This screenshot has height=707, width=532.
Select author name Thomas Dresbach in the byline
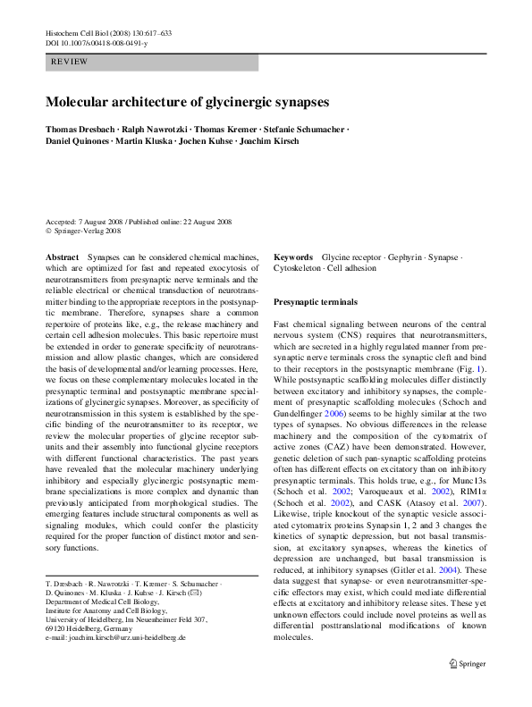pyautogui.click(x=84, y=129)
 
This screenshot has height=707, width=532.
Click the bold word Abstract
pyautogui.click(x=62, y=256)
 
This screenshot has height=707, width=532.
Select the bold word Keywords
pyautogui.click(x=293, y=256)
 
